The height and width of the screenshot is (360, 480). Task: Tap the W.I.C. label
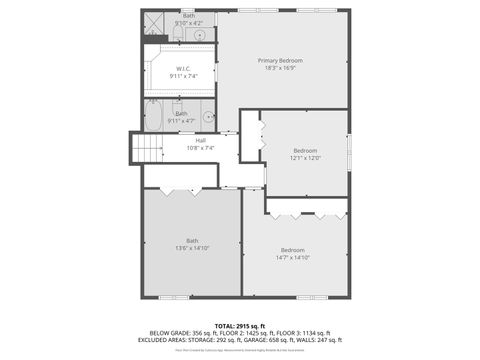(183, 68)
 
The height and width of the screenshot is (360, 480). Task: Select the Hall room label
(200, 140)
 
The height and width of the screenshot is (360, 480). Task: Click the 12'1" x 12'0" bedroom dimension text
(305, 157)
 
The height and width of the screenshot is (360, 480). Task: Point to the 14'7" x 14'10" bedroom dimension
(293, 257)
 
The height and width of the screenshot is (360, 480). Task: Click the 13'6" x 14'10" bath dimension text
(192, 247)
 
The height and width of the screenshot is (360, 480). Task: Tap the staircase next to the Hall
(148, 149)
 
